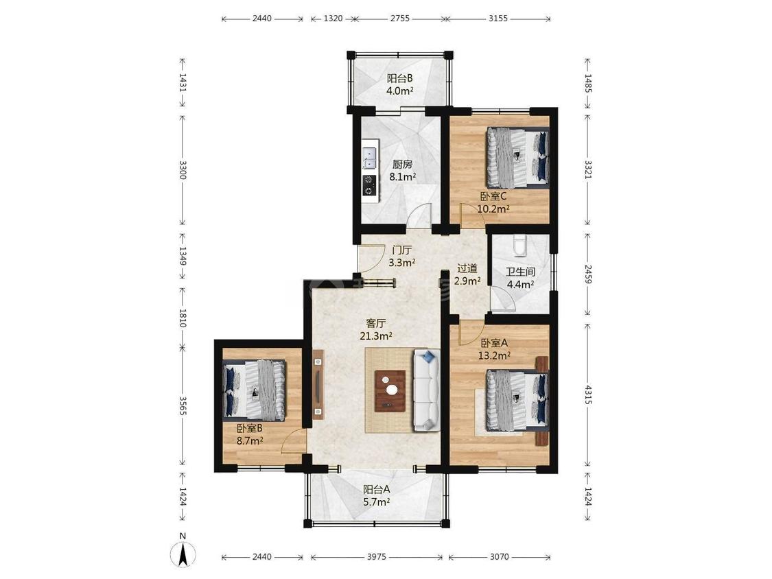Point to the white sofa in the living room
426,390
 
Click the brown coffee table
390,391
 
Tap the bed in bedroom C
517,157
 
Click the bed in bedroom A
517,400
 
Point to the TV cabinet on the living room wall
318,384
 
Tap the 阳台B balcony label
399,78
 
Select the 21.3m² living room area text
375,335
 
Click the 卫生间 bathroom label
520,272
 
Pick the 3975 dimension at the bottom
377,557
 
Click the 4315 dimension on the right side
587,395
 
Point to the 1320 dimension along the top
333,19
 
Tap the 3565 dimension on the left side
182,406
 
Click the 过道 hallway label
467,269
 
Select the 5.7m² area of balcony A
377,501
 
